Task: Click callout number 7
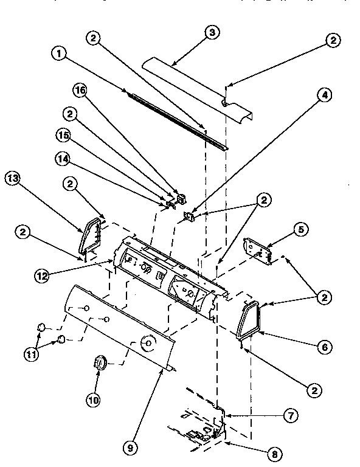[291, 416]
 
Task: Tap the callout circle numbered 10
[92, 400]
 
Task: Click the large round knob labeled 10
[99, 364]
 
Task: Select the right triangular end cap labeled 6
[250, 319]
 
